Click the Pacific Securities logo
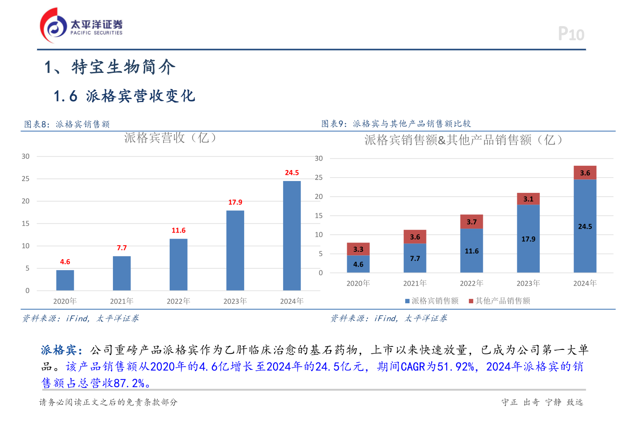pos(81,26)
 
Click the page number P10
pos(571,34)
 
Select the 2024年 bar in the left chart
pos(292,236)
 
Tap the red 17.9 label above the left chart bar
pos(235,202)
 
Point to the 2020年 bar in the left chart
pos(65,280)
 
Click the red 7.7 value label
pos(122,248)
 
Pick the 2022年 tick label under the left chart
pos(178,301)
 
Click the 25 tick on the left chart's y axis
pos(26,179)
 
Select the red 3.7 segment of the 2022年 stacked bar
pos(471,222)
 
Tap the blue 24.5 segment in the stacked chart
pos(585,226)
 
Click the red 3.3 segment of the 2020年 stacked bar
pos(358,249)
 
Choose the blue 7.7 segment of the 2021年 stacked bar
pos(415,258)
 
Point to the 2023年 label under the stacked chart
pos(528,284)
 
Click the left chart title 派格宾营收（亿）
pos(171,138)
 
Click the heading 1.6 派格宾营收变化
pos(124,96)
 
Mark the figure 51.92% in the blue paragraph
pos(456,366)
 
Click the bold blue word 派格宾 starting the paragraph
pos(58,350)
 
